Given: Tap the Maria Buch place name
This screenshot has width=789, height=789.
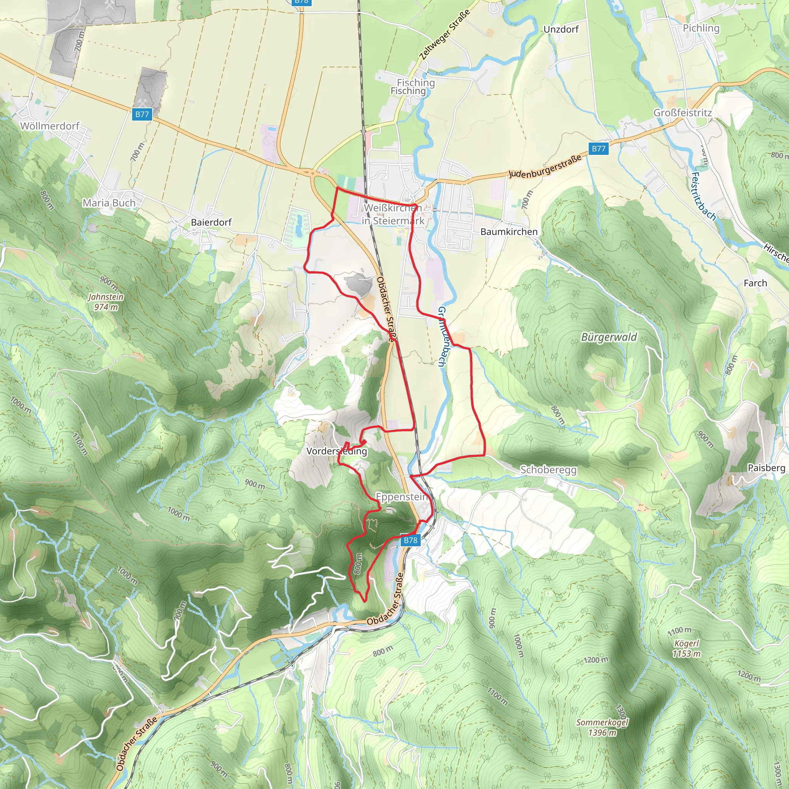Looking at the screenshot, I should click(x=109, y=203).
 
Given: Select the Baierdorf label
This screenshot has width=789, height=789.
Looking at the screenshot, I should click(x=211, y=222).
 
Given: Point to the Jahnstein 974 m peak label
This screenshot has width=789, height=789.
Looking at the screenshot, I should click(x=106, y=302).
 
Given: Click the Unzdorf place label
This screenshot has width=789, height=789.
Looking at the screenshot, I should click(x=561, y=29).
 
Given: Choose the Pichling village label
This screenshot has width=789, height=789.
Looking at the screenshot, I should click(x=701, y=28).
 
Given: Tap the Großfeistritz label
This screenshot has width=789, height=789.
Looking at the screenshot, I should click(x=682, y=113).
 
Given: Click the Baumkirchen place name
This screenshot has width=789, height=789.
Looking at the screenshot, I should click(x=509, y=232).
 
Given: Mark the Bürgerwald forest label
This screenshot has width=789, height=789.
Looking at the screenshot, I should click(x=609, y=337).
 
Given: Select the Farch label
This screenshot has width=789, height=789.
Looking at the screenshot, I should click(x=755, y=283).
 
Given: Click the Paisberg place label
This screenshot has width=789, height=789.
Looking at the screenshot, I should click(x=766, y=468).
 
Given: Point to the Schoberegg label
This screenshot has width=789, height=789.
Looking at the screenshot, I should click(x=548, y=470).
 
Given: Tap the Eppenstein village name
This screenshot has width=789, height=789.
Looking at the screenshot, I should click(x=401, y=497).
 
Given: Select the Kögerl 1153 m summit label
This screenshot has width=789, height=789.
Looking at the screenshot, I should click(x=687, y=648).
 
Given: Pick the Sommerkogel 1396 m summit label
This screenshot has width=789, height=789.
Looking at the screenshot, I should click(x=602, y=727).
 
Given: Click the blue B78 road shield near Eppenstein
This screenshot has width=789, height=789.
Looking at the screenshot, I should click(x=410, y=540).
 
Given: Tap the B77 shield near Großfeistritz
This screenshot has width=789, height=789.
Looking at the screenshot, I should click(x=598, y=149).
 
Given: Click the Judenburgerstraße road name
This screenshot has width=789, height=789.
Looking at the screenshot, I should click(x=545, y=166).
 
